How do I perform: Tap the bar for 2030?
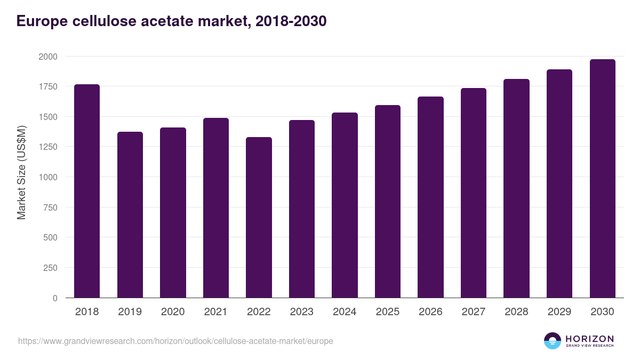coord(602,179)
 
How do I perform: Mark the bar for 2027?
coord(474,193)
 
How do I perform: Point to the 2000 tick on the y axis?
coord(47,57)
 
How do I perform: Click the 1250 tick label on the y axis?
coord(47,147)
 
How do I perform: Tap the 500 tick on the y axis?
coord(50,238)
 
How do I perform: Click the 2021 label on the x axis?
coord(216,312)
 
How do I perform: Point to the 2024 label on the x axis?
coord(345,312)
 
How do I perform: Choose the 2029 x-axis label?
coord(559,312)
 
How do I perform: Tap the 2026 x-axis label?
coord(430,312)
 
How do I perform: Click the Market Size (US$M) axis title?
coord(21,172)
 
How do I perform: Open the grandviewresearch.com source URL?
coord(175,341)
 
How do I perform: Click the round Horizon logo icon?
coord(553,341)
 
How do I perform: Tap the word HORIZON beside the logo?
coord(589,338)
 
